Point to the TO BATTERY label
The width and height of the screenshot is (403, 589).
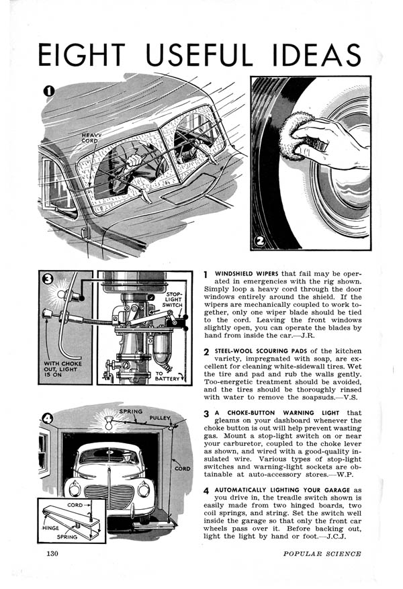pyautogui.click(x=165, y=376)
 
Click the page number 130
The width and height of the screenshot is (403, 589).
pyautogui.click(x=54, y=553)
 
